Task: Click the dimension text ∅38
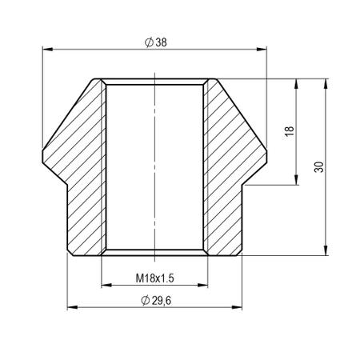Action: pyautogui.click(x=156, y=42)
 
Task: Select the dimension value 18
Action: pyautogui.click(x=290, y=130)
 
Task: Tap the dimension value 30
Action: pyautogui.click(x=319, y=166)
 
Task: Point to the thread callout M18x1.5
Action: pyautogui.click(x=155, y=277)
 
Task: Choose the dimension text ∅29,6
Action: pyautogui.click(x=155, y=298)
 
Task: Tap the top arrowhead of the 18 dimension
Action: pyautogui.click(x=297, y=82)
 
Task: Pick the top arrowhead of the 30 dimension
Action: pyautogui.click(x=326, y=82)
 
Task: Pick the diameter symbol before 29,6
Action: pyautogui.click(x=144, y=298)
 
